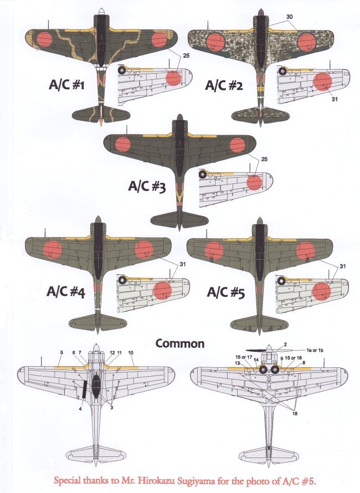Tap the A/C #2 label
[225, 86]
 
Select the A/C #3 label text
[147, 187]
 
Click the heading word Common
[179, 343]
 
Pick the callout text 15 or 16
[294, 358]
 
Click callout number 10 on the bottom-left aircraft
[131, 353]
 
